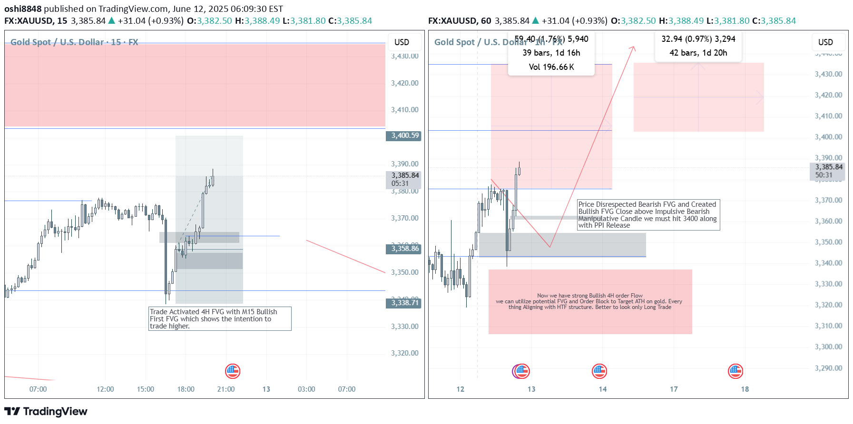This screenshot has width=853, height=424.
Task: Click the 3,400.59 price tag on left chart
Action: (x=403, y=136)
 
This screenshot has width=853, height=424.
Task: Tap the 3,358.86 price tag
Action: (x=403, y=249)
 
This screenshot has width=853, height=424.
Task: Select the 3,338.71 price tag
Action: (x=403, y=303)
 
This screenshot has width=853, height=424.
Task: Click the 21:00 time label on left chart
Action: (x=226, y=389)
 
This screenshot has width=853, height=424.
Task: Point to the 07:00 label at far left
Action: (x=38, y=389)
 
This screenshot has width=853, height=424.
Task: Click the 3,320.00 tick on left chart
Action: (x=404, y=353)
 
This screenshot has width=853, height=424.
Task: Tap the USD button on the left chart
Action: (x=402, y=42)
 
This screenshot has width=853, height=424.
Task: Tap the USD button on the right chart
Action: (x=825, y=42)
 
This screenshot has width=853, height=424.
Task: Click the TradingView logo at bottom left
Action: (x=46, y=412)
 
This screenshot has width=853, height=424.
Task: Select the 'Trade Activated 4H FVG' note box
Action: (x=220, y=319)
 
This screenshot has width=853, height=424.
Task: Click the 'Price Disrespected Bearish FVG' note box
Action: (x=648, y=215)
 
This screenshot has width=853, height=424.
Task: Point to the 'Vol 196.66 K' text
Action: (x=551, y=67)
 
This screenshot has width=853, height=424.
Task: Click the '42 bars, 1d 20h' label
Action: (x=698, y=53)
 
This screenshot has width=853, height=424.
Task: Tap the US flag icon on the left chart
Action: (x=233, y=371)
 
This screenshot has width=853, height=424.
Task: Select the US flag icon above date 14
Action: (x=599, y=371)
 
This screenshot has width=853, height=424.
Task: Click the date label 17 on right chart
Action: (x=674, y=389)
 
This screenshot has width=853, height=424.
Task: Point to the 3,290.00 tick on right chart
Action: (x=828, y=368)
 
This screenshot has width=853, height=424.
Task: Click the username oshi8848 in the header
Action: (x=23, y=9)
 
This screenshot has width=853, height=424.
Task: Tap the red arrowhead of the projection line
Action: (x=633, y=48)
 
